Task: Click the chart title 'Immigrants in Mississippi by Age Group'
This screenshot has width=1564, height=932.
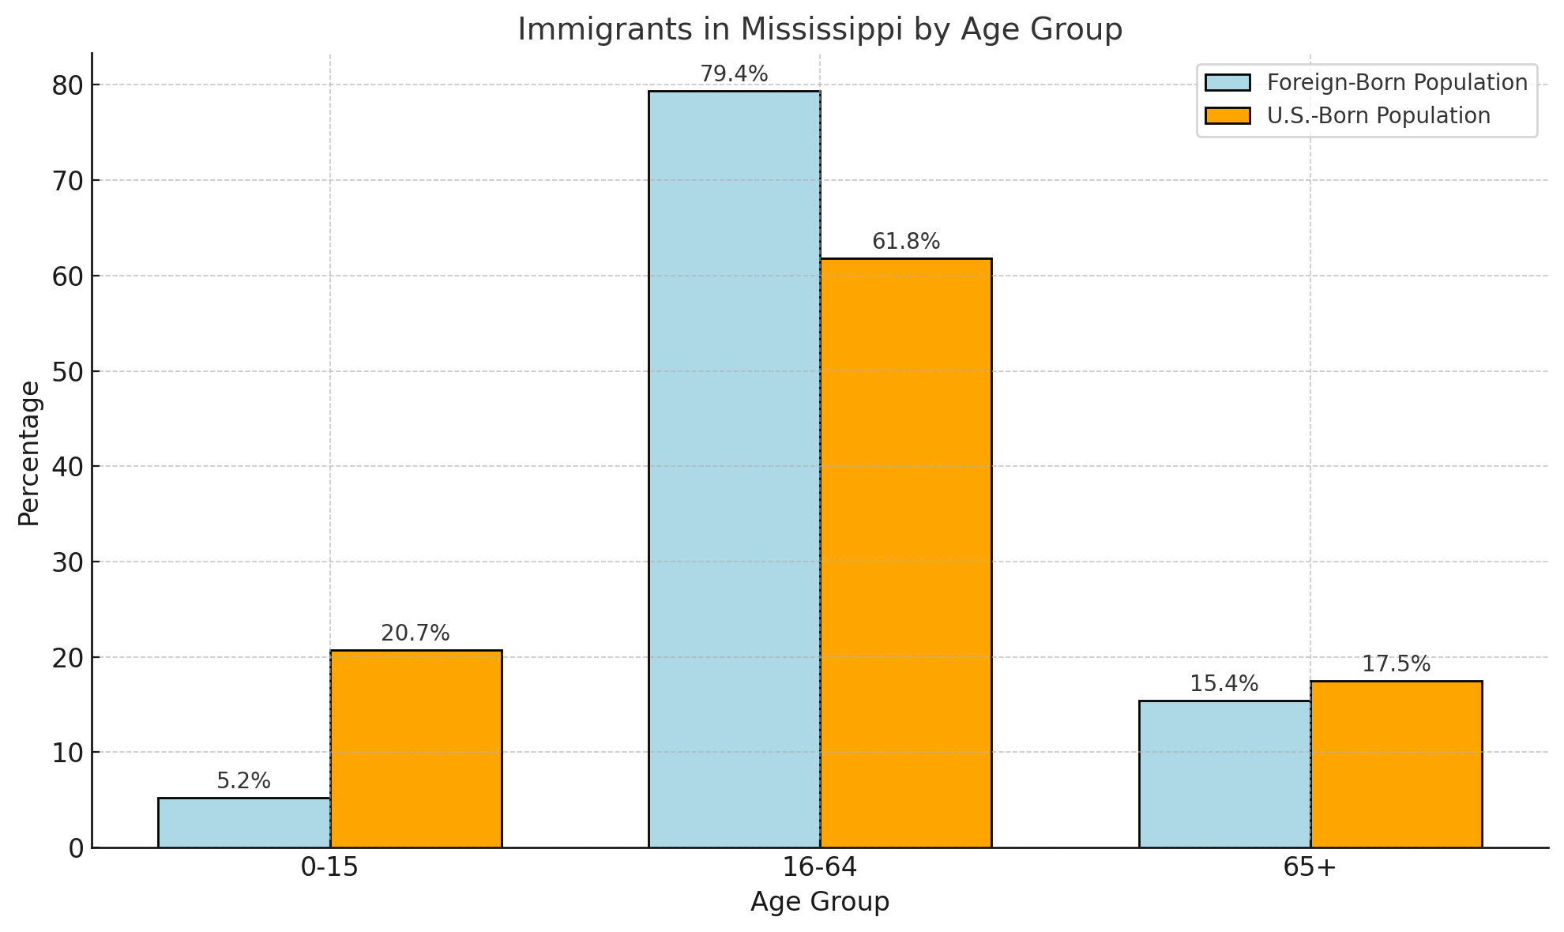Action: tap(819, 30)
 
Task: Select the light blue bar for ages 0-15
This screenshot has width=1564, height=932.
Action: tap(244, 822)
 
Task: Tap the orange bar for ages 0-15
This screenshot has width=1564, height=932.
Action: tap(415, 749)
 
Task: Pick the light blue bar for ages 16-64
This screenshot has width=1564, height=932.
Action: tap(734, 469)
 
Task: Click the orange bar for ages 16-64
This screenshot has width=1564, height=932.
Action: tap(905, 553)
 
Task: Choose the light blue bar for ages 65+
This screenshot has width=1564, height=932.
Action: tap(1224, 774)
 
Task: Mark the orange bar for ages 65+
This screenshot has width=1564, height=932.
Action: tap(1396, 764)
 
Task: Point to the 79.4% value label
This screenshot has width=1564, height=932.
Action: tap(734, 74)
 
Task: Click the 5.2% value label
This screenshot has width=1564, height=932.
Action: tap(243, 781)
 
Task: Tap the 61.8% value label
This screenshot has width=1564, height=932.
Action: tap(906, 242)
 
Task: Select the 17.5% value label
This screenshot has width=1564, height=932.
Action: tap(1396, 664)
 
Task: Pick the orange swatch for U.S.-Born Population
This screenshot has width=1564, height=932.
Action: tap(1228, 116)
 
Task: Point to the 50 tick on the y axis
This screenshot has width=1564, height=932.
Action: tap(68, 371)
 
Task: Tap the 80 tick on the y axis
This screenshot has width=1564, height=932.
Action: tap(68, 85)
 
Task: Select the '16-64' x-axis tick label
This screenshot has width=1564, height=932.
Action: tap(819, 868)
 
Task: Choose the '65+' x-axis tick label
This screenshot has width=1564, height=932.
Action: tap(1310, 868)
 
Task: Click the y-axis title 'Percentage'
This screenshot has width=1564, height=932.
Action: tap(29, 453)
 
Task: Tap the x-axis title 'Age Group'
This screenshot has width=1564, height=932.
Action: tap(819, 902)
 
